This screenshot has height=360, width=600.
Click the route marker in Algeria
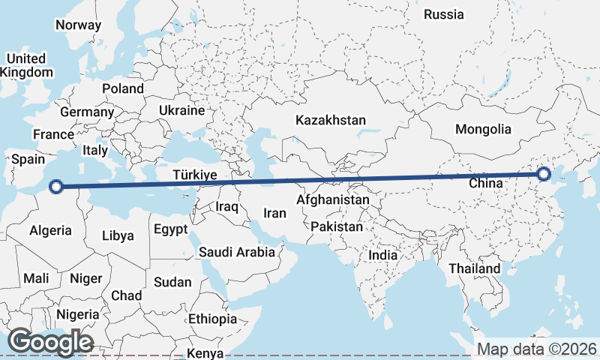[56, 187]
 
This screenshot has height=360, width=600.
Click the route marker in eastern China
[544, 175]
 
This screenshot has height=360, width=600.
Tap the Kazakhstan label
[330, 120]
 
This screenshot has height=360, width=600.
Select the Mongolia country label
[483, 129]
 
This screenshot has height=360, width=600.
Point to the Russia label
[443, 14]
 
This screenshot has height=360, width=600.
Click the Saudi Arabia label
[237, 252]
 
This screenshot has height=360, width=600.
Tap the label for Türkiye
[194, 175]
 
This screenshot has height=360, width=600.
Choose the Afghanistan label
[333, 200]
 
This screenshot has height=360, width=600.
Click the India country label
[382, 255]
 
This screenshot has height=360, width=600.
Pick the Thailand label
[474, 268]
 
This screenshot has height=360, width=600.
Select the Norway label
[78, 25]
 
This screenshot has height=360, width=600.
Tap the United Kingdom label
[27, 65]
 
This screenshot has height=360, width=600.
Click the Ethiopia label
[212, 319]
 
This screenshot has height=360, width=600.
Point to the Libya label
[118, 235]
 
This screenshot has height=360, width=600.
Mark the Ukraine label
[181, 110]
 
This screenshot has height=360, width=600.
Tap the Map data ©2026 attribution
[536, 349]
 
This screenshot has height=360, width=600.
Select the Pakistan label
[337, 226]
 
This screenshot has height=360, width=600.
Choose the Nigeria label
[77, 314]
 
